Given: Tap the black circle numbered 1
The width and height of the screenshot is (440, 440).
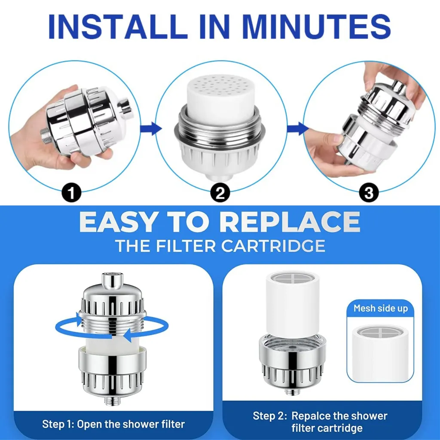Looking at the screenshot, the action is [x=71, y=193].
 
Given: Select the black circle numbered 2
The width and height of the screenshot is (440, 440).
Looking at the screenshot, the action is [x=220, y=193].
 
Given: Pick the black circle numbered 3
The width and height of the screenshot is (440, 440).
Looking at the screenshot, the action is [x=369, y=193].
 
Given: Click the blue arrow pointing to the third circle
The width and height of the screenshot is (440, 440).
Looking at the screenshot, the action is [x=298, y=129].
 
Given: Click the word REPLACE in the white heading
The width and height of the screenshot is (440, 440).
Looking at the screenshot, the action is [x=290, y=222].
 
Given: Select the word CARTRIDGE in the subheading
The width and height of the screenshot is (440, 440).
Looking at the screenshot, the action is [x=273, y=246].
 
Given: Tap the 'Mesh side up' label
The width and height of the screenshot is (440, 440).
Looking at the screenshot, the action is [x=381, y=309].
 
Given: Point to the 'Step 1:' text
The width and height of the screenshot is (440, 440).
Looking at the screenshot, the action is [x=58, y=424].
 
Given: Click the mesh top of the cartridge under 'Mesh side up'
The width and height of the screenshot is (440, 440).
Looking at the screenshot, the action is [x=381, y=333].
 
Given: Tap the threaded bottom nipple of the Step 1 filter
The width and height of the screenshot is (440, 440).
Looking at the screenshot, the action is [x=113, y=400].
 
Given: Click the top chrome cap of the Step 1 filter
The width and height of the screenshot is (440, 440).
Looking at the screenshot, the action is [x=113, y=280].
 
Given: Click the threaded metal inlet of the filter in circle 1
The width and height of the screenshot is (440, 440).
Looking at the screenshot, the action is [x=45, y=136].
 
